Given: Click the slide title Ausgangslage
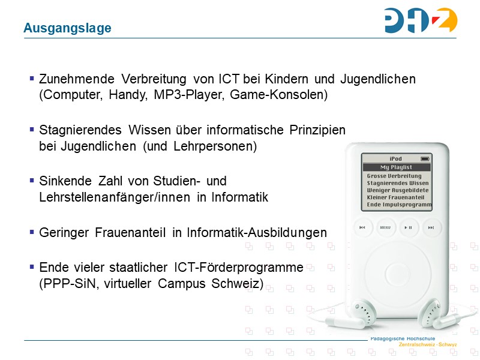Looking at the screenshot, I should pos(67,28).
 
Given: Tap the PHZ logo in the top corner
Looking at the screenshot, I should pos(421,21).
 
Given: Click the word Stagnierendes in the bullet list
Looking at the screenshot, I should pos(78,130).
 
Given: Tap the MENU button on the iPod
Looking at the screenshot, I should pos(385,227).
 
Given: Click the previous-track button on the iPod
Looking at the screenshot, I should pos(362,227).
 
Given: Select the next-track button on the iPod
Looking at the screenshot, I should pos(430,227).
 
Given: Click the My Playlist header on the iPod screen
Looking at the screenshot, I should pos(396,167).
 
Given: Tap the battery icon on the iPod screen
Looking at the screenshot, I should pos(425,159).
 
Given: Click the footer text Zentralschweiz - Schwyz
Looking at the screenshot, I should pos(428,344).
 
